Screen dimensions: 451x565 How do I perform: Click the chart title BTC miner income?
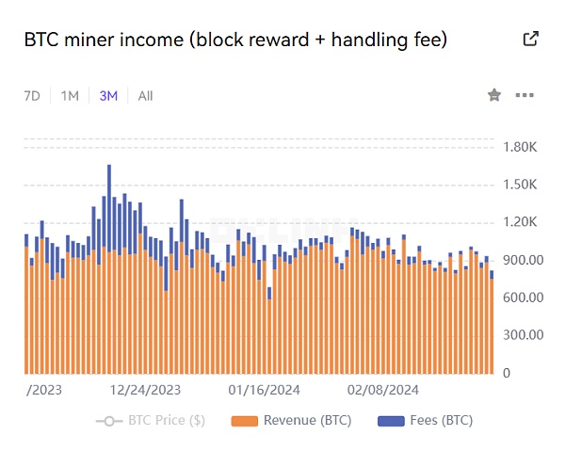tap(235, 40)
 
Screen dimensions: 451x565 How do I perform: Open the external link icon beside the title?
tap(531, 40)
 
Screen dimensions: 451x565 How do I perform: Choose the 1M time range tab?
tap(70, 95)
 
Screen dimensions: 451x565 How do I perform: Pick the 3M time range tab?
tap(108, 95)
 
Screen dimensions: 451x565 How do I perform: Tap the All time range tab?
tap(145, 95)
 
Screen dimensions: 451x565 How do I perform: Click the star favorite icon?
tap(493, 95)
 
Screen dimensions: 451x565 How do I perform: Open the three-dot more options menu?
tap(525, 95)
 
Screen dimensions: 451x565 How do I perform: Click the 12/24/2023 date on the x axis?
tap(145, 388)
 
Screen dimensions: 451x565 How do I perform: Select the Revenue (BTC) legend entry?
tap(292, 420)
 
